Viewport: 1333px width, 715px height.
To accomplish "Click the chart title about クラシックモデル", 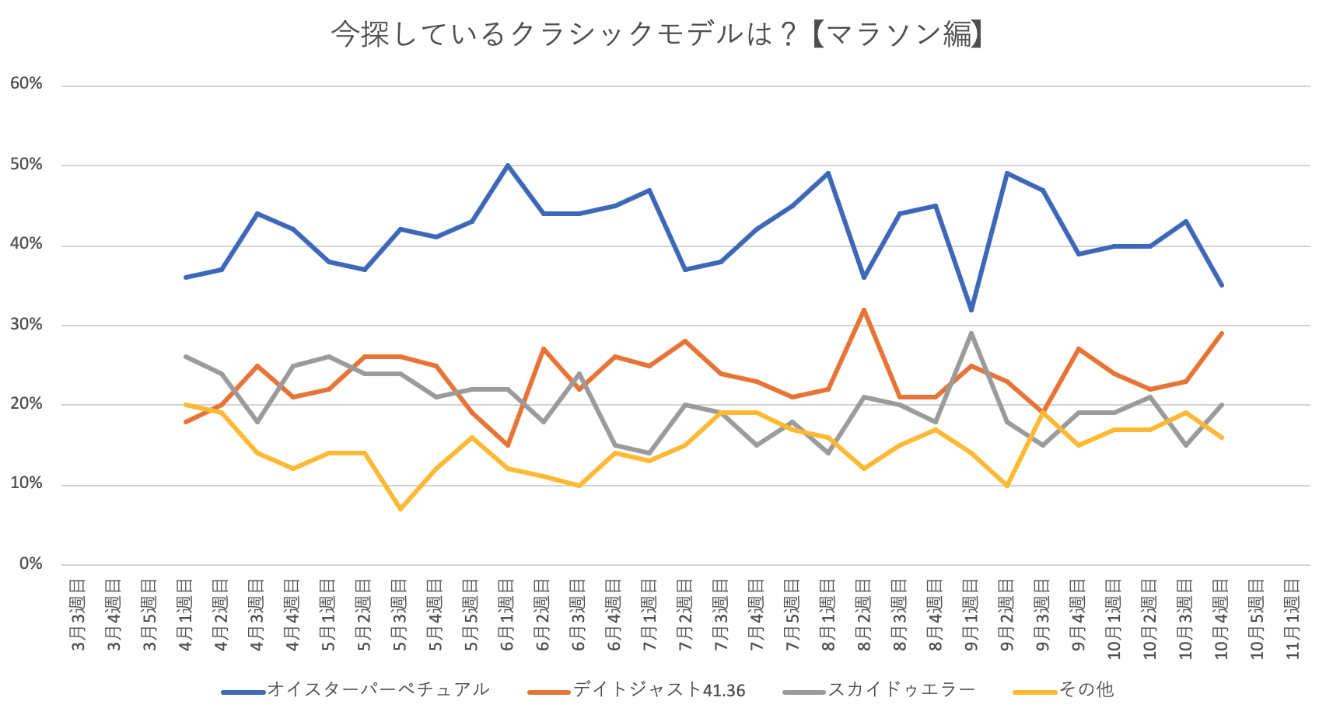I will pos(657,34).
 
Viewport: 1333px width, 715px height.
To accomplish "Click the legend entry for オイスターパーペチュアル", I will pos(378,690).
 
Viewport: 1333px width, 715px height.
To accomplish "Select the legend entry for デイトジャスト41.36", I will pos(659,690).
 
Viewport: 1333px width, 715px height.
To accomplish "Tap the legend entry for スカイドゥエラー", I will pos(901,690).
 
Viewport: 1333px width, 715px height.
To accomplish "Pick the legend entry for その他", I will pos(1086,690).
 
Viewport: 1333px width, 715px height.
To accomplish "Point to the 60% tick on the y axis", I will pos(26,84).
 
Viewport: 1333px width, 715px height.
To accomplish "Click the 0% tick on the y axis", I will pos(31,564).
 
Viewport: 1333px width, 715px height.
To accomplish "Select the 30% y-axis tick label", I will pos(26,325).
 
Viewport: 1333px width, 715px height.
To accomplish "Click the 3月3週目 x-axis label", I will pos(78,615).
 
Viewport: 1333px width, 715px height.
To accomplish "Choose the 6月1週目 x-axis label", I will pos(507,615).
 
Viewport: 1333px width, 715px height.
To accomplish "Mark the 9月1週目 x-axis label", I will pos(971,615).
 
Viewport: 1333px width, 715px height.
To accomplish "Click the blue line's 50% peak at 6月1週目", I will pos(507,165).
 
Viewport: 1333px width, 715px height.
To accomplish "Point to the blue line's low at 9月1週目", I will pos(971,309).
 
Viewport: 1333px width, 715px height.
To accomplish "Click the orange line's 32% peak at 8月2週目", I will pos(864,309).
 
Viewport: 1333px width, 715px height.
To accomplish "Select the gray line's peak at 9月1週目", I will pos(971,333).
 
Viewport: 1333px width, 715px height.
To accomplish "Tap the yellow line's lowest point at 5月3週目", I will pos(401,509).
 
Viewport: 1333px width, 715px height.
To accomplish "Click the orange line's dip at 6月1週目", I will pos(507,445).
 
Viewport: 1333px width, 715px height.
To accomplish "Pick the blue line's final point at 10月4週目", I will pos(1222,285).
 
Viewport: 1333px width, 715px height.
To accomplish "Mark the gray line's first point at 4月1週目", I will pos(185,357).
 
